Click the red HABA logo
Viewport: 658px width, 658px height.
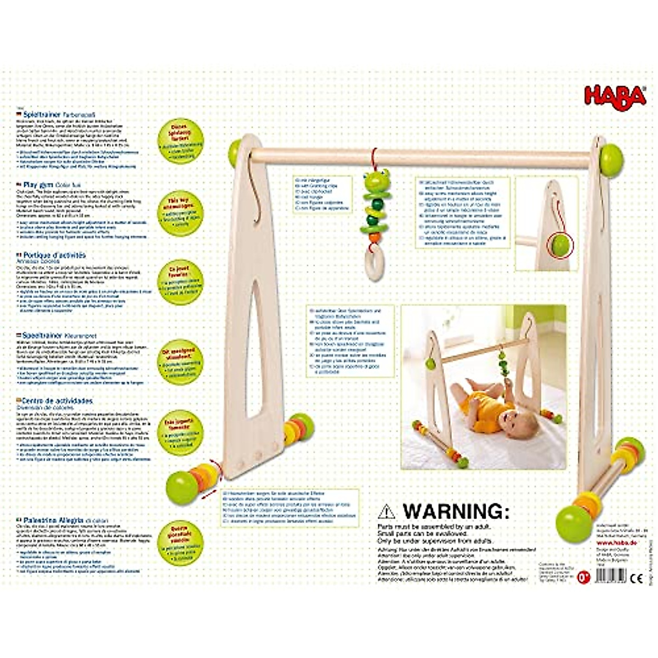pos(615,97)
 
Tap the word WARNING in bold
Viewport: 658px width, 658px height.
pos(453,511)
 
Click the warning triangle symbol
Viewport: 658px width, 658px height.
pos(387,512)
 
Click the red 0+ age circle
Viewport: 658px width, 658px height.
pos(584,577)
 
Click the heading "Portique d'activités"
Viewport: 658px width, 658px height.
pos(54,255)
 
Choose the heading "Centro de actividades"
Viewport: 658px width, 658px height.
pos(58,401)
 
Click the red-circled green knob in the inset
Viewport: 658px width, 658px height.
pos(559,246)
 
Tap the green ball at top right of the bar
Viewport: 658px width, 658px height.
pos(611,160)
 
